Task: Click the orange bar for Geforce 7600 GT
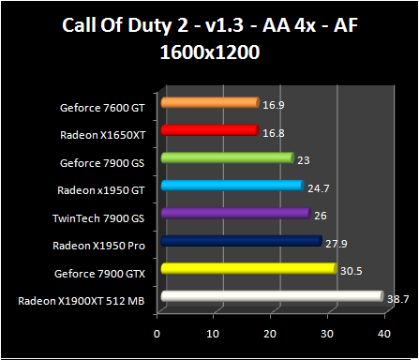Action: click(x=209, y=103)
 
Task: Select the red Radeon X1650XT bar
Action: click(x=209, y=131)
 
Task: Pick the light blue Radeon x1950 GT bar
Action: click(x=232, y=187)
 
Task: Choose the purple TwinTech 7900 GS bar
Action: click(x=234, y=214)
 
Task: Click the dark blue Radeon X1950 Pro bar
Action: click(x=241, y=242)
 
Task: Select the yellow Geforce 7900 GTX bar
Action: click(x=247, y=270)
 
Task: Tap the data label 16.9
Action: click(x=274, y=105)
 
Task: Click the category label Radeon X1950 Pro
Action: click(x=100, y=246)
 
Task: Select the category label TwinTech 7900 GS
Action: click(x=100, y=217)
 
